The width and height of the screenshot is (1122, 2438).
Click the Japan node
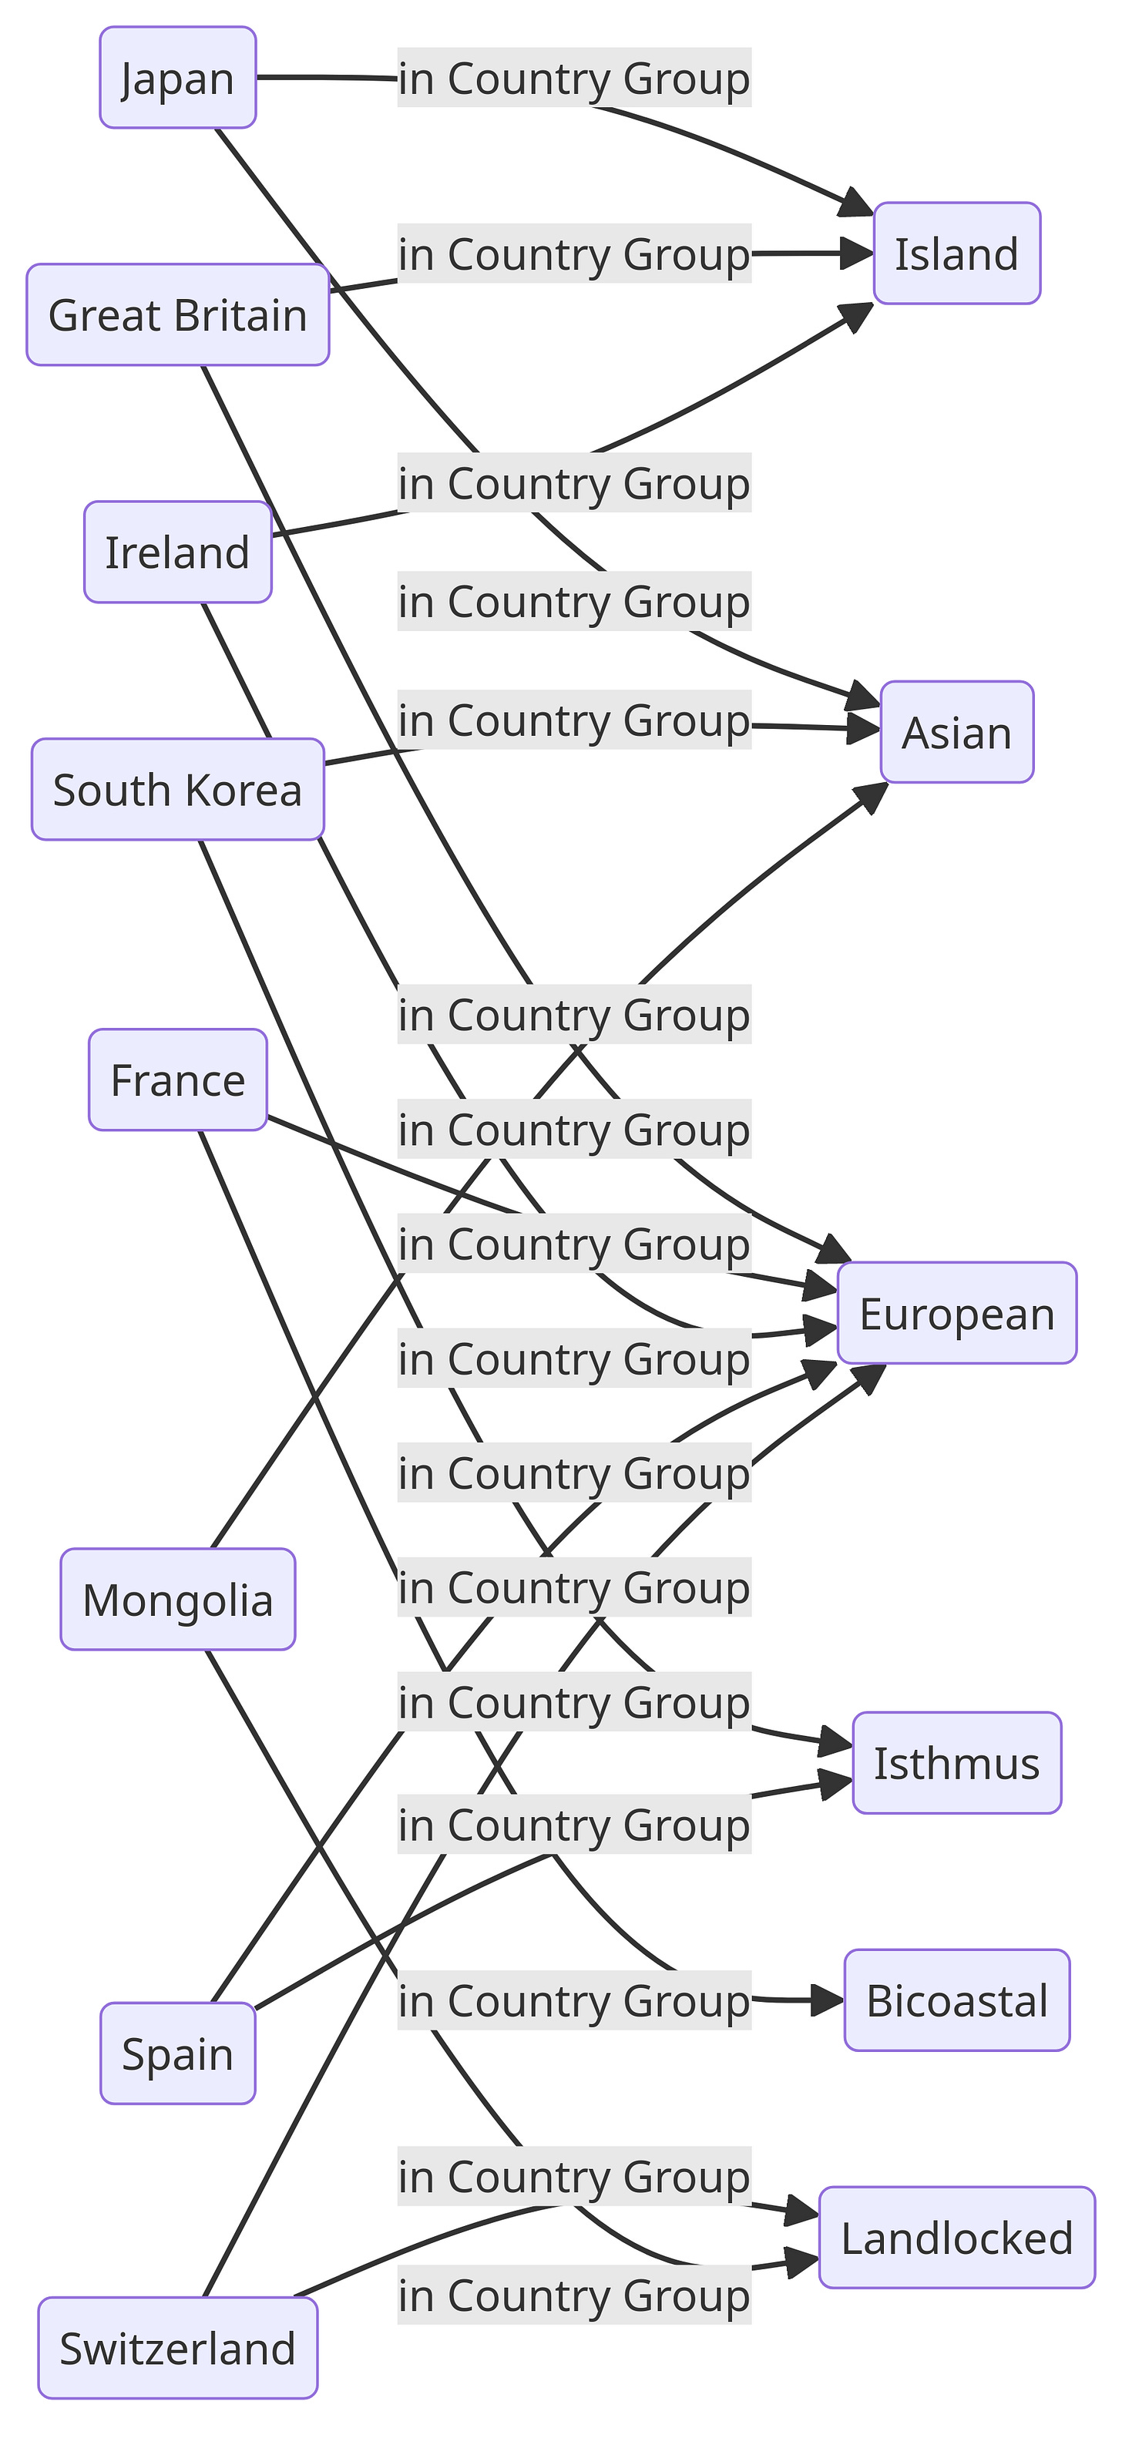[x=178, y=78]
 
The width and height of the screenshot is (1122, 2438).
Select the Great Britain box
[x=178, y=315]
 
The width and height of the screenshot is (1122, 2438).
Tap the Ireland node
[x=178, y=552]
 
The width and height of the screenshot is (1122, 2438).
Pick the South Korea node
[x=178, y=789]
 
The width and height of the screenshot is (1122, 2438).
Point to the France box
[x=178, y=1080]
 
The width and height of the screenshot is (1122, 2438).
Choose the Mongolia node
[x=178, y=1600]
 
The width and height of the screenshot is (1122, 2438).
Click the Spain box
[x=178, y=2055]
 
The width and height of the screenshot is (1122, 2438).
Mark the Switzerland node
[x=178, y=2348]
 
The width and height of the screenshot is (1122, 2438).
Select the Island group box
[x=956, y=254]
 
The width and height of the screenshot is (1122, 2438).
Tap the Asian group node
[x=956, y=733]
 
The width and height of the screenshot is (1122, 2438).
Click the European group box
[x=956, y=1314]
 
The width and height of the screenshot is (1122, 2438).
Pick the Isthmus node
[x=956, y=1763]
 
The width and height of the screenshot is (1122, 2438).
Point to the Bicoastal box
[x=956, y=2001]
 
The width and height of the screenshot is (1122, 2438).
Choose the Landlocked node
[x=956, y=2238]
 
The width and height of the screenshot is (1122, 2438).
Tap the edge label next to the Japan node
[x=574, y=78]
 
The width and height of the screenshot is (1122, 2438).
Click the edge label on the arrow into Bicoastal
[x=574, y=2001]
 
